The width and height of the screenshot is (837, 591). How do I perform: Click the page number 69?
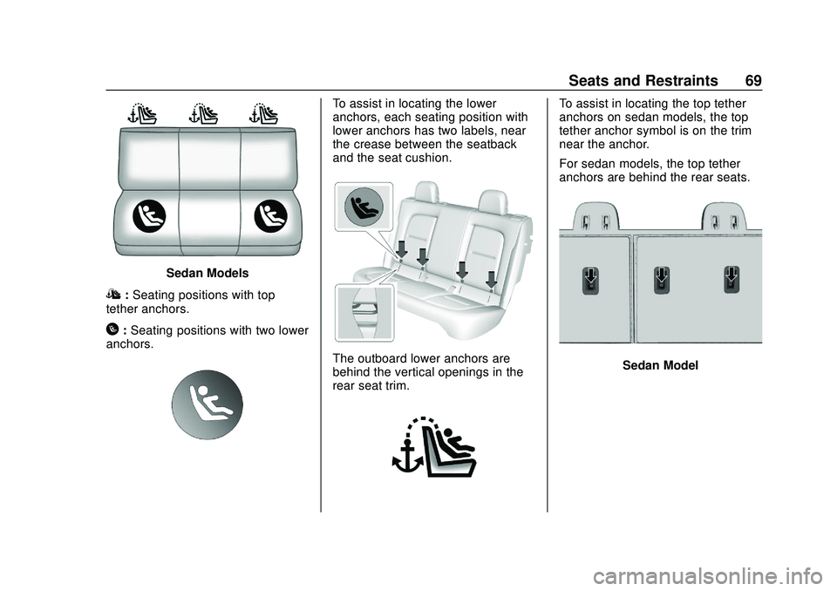point(753,80)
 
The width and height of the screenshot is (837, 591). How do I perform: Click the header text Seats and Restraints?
point(643,80)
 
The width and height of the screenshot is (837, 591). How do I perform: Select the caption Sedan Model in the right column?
point(660,366)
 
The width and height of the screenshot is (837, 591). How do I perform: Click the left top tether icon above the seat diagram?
point(141,114)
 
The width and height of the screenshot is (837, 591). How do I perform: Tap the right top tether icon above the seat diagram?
point(262,114)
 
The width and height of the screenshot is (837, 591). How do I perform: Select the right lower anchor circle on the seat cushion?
point(269,216)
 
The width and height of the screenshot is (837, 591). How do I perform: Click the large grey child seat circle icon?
point(207,404)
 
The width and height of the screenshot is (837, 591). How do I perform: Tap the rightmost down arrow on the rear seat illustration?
point(491,278)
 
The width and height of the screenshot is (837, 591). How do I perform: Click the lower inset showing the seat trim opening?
point(364,311)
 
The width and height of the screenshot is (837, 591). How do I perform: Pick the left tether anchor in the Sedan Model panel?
point(589,282)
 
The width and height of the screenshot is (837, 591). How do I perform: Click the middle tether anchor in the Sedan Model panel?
point(661,280)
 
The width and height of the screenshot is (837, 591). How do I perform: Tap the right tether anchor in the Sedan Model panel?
point(732,280)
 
